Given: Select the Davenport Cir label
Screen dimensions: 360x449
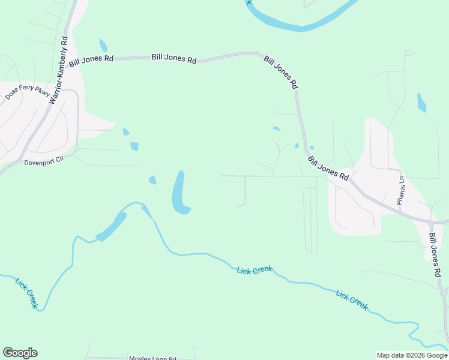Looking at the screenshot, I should point(44,162).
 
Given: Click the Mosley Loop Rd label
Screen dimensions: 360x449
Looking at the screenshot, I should point(152,358).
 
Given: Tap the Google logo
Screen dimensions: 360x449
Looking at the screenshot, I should point(20,353).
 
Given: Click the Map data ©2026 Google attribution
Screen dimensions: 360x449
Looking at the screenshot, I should point(412,355).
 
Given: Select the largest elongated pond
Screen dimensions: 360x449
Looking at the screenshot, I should point(179,193).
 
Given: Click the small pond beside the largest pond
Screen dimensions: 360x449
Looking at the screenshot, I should point(152,179).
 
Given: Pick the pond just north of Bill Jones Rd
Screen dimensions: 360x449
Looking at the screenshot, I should point(103,45).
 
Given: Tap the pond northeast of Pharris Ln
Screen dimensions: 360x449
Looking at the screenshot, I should point(421,103).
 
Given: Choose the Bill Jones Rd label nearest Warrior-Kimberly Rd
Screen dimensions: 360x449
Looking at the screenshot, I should point(91,59).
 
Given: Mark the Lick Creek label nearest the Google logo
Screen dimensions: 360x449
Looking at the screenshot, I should point(27,293).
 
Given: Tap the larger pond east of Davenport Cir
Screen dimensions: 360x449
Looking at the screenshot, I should point(134,146).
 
